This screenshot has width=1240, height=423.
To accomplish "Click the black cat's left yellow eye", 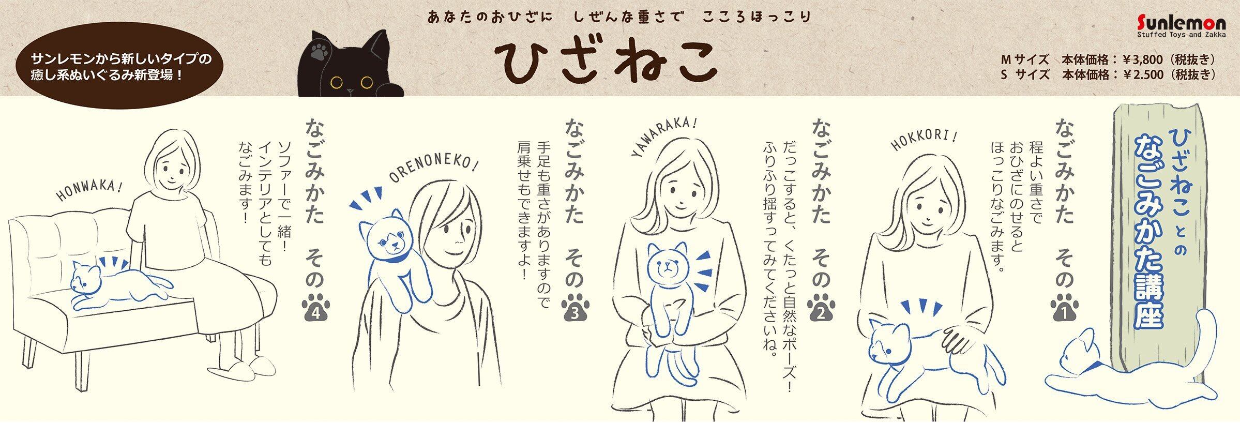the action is [338, 81].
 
